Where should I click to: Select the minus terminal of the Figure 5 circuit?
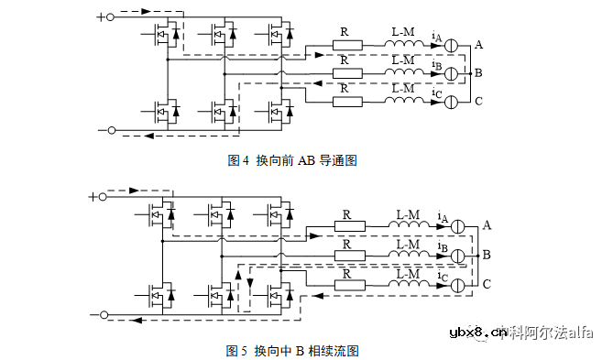click(x=104, y=315)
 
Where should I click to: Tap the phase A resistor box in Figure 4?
click(x=346, y=45)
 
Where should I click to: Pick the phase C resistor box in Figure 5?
click(x=350, y=286)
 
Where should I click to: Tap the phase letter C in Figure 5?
click(x=487, y=285)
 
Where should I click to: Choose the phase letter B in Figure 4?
click(x=478, y=71)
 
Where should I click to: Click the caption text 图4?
click(x=238, y=160)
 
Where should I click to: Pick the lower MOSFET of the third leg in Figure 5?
click(x=275, y=294)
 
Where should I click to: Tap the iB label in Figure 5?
click(x=443, y=248)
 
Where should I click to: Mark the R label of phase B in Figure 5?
click(x=346, y=245)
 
